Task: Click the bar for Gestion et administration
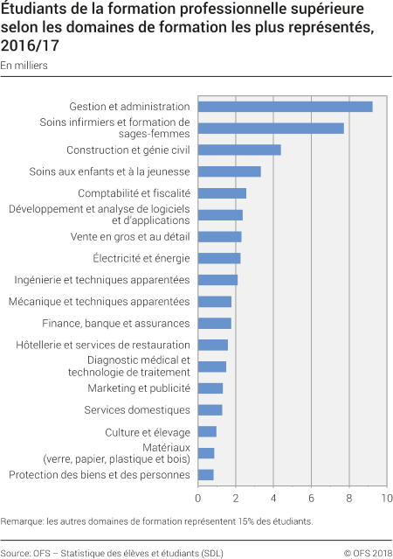coord(285,107)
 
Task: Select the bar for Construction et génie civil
coord(239,150)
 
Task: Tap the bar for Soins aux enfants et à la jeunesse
coord(229,171)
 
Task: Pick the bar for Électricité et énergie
coord(219,258)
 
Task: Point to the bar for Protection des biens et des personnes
coord(206,475)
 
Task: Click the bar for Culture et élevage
coord(207,431)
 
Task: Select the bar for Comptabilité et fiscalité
coord(222,193)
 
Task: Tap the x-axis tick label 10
coord(385,499)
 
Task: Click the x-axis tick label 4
coord(273,499)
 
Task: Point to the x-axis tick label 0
coord(198,499)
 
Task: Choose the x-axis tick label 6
coord(311,499)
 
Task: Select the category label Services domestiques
coord(136,410)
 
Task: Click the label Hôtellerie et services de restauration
coord(103,345)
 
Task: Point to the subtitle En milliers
coord(24,66)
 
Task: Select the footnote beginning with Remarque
coord(156,521)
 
